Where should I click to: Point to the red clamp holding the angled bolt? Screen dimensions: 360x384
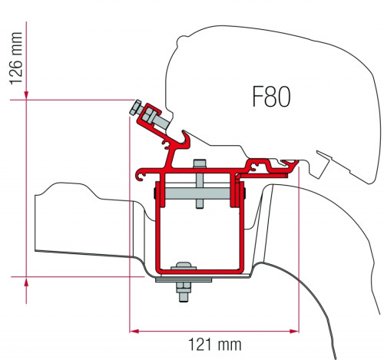(x=152, y=117)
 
